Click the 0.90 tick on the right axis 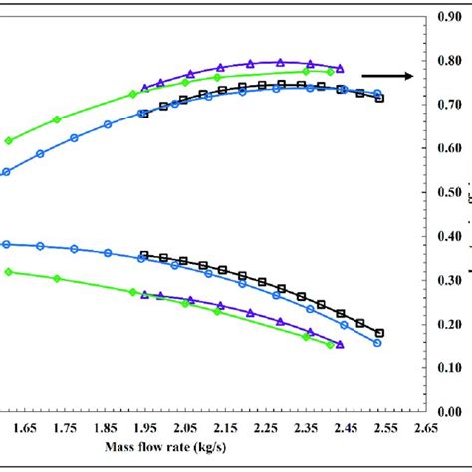(x=447, y=17)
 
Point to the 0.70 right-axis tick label (x=447, y=105)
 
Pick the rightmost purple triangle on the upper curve (x=340, y=68)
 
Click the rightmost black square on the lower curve (x=379, y=333)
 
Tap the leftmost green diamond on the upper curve (x=9, y=140)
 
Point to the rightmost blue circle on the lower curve (x=377, y=343)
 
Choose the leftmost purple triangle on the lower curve (x=145, y=295)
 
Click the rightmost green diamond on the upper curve (x=331, y=72)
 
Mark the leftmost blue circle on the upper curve (x=6, y=172)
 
